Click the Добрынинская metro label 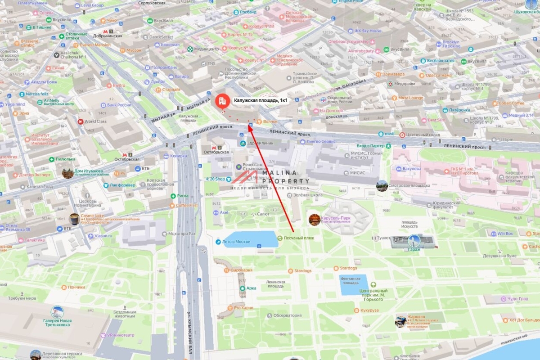coord(108,36)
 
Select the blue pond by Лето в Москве coord(251,239)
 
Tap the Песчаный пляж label coord(299,237)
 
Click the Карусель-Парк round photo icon coord(315,220)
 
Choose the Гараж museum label coord(414,249)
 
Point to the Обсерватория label coord(287,315)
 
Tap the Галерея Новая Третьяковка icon coord(57,312)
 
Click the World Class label coord(95,121)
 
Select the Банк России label coord(119,105)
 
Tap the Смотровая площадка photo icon coord(382,185)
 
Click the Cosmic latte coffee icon coord(75,218)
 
